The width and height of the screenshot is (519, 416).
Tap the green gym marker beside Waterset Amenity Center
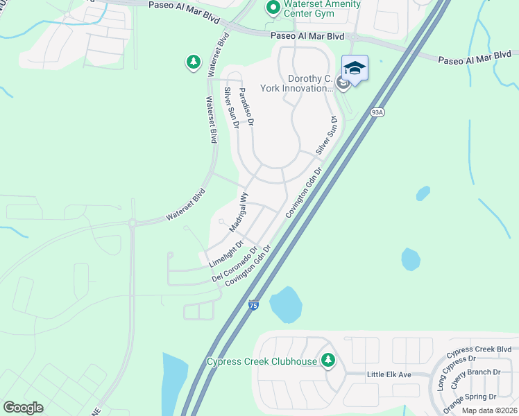click(273, 8)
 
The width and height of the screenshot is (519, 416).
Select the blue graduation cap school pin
click(355, 69)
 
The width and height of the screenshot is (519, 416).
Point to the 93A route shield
click(377, 112)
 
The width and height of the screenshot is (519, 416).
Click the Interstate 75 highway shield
click(254, 305)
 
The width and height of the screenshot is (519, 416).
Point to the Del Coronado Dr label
click(235, 263)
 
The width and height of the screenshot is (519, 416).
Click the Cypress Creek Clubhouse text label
click(262, 361)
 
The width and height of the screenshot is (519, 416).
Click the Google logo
click(24, 407)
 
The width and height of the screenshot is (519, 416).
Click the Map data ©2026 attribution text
click(490, 410)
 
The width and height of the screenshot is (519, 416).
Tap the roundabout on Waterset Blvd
click(132, 223)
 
